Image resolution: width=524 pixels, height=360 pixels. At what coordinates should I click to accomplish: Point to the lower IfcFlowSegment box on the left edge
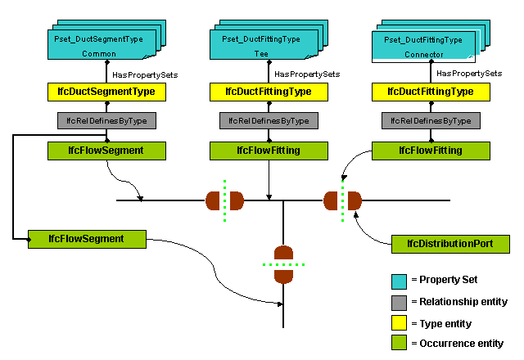86,239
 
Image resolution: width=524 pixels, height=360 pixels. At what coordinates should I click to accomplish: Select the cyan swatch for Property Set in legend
400,281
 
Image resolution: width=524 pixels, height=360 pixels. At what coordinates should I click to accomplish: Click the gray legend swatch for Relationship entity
400,302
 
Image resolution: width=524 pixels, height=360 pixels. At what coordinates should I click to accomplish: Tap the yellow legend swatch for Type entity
400,323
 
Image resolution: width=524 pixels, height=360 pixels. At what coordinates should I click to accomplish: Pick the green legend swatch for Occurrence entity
400,344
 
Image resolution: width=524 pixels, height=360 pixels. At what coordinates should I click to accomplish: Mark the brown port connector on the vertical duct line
283,264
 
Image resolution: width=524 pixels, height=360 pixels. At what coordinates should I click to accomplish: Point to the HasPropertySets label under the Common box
145,74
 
